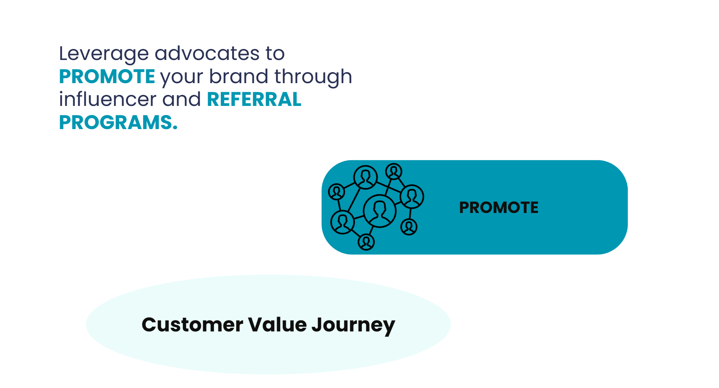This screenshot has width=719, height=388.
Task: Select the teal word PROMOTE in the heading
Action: pos(107,76)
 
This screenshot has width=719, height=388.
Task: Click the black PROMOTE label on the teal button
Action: pos(499,207)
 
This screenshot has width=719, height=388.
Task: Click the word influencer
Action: pos(108,99)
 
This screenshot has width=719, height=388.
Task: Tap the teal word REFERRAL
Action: pos(254,99)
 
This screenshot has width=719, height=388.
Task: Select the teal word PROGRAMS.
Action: pos(118,123)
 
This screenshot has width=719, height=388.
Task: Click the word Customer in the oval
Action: pos(192,325)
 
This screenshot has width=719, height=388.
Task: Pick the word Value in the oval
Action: pos(277,325)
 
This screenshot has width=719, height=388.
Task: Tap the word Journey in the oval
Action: pos(353,326)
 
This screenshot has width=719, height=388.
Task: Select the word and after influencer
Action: pos(182,99)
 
